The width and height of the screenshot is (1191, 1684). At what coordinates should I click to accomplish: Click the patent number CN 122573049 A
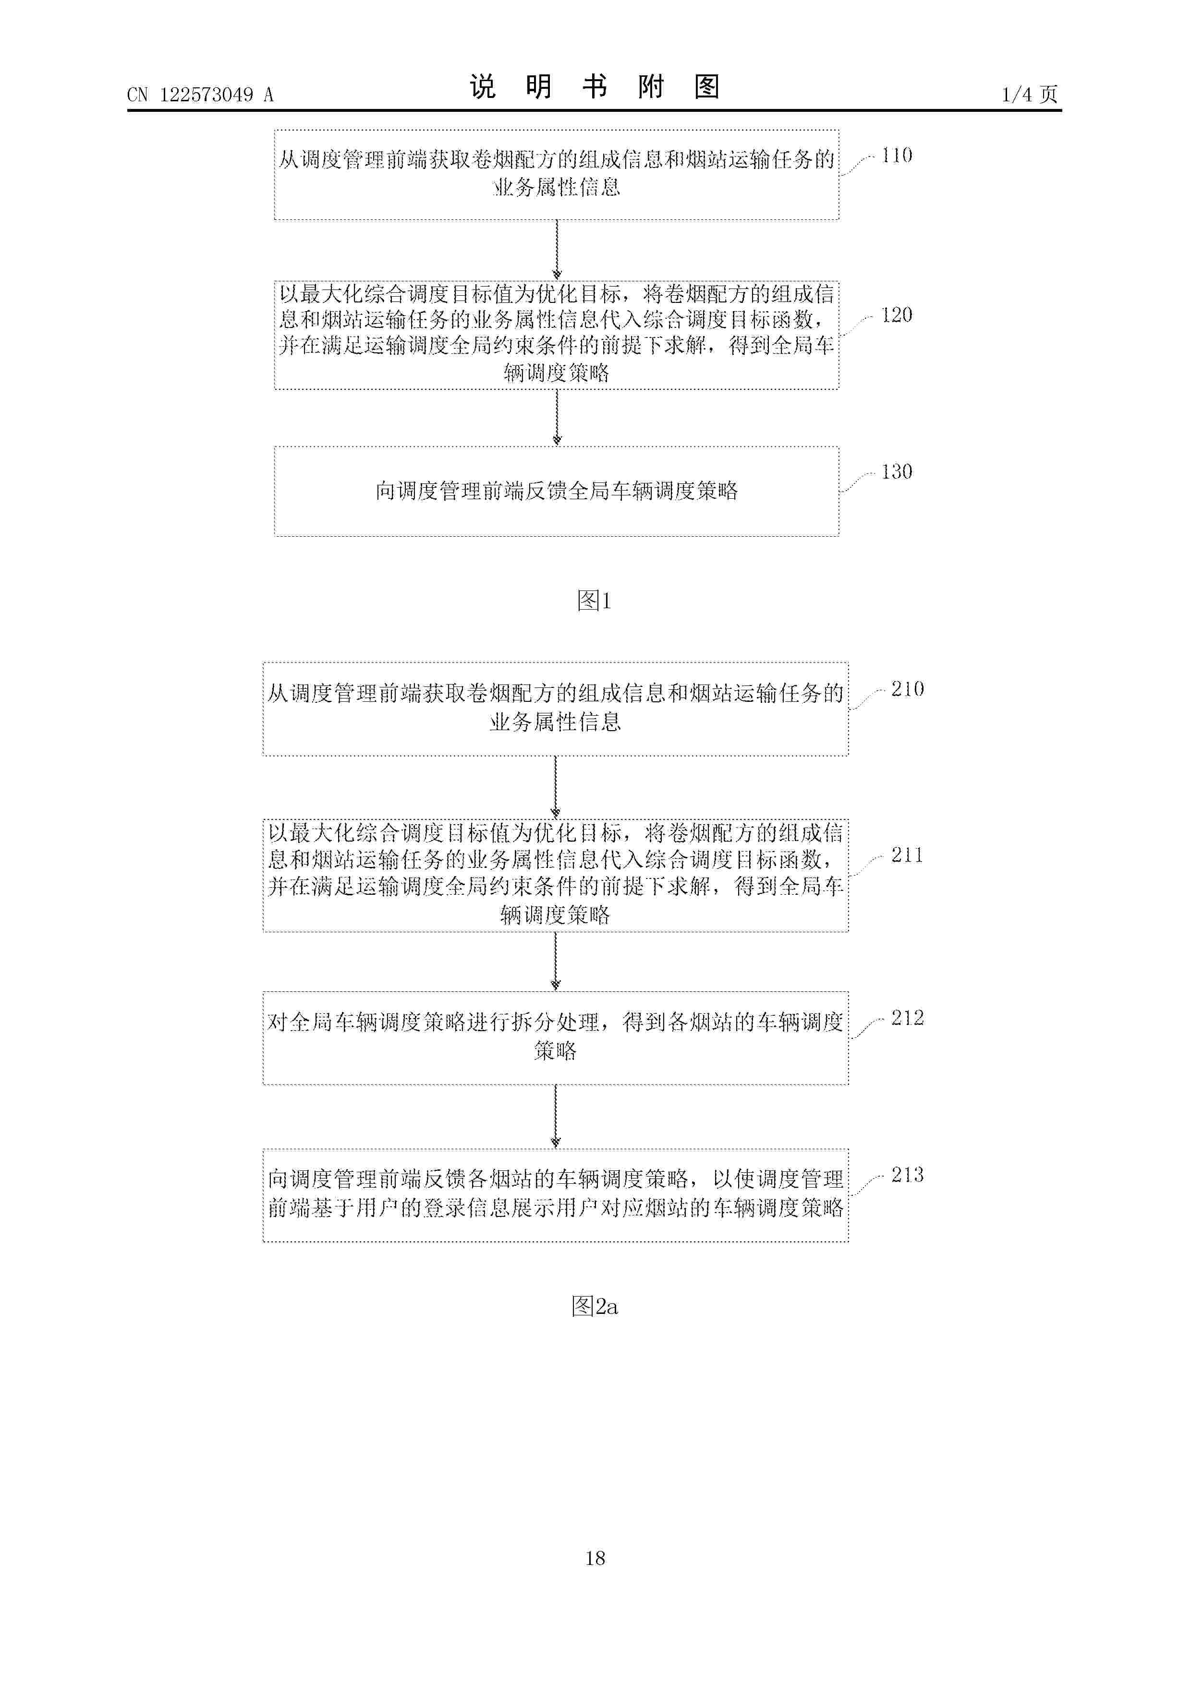pos(200,95)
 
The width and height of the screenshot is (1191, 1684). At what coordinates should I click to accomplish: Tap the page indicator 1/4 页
pos(1030,94)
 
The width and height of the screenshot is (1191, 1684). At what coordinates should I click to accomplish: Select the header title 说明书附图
pos(595,87)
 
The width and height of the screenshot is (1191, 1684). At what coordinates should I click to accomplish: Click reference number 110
pos(897,156)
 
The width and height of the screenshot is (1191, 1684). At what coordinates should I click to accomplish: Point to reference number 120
pos(897,315)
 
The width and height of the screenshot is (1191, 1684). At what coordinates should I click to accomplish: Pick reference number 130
pos(897,471)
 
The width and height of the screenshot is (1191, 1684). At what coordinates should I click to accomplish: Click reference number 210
pos(908,689)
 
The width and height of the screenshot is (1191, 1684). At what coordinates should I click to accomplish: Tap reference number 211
pos(907,855)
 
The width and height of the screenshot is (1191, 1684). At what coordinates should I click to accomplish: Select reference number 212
pos(908,1018)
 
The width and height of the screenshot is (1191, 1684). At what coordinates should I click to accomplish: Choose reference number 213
pos(908,1175)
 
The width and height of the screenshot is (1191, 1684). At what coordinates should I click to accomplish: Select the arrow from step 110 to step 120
pos(557,250)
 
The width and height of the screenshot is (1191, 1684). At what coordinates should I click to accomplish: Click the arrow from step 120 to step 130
pos(557,417)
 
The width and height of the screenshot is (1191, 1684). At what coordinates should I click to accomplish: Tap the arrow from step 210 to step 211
pos(556,787)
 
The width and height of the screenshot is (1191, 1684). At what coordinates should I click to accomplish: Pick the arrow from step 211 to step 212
pos(556,962)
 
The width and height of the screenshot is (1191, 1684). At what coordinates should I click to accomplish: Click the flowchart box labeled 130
pos(557,492)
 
